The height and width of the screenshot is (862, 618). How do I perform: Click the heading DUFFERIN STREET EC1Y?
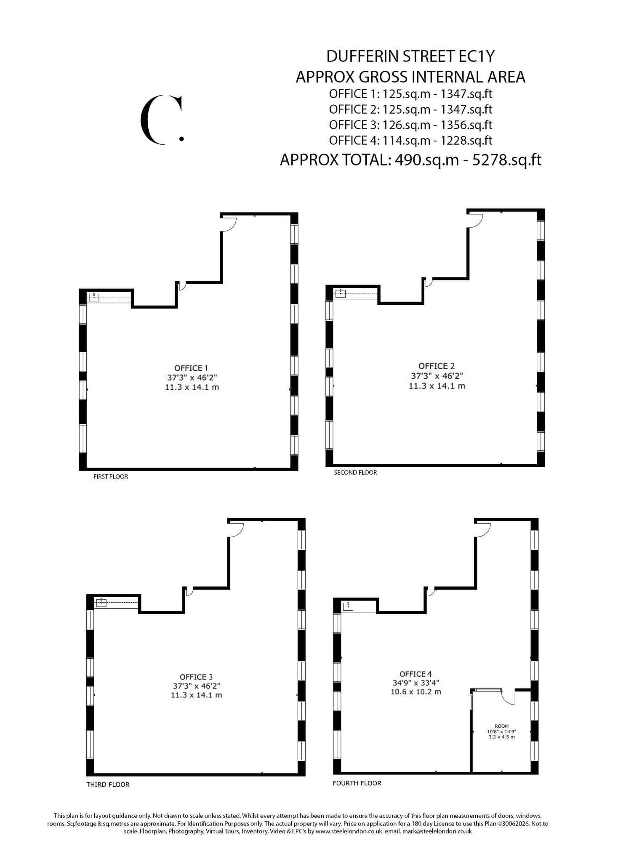pos(410,56)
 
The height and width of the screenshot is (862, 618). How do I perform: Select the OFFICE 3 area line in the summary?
pos(410,125)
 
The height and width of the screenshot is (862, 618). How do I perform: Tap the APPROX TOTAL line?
pos(410,160)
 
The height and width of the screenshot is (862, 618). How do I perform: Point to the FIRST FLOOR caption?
pos(110,476)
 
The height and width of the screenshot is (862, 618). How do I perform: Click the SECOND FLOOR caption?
pos(355,472)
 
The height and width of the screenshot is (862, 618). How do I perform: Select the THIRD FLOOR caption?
pos(108,784)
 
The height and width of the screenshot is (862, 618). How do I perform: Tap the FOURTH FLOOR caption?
pos(357,783)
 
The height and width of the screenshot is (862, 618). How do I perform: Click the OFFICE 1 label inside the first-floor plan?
pos(191,368)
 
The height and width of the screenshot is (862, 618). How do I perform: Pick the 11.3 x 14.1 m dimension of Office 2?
pos(437,386)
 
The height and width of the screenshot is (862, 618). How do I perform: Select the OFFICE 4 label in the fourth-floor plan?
pos(416,673)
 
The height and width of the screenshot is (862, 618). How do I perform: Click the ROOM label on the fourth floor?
pos(501,726)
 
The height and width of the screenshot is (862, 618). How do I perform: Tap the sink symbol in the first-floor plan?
pos(94,297)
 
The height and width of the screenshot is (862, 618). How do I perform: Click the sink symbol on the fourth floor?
pos(348,606)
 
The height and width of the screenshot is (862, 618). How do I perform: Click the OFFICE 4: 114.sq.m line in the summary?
pos(410,140)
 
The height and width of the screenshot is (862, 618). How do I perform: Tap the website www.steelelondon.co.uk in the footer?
pos(349,831)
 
